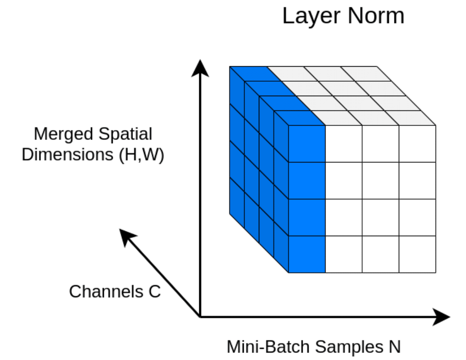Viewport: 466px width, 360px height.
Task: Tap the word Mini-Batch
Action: click(x=268, y=347)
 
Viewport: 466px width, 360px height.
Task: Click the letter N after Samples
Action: click(x=394, y=347)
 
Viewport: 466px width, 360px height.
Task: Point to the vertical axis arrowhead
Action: click(x=201, y=68)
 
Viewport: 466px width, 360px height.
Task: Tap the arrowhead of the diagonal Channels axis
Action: click(x=126, y=235)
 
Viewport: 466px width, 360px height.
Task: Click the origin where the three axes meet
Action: click(x=201, y=317)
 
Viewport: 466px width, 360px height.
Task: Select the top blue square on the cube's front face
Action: click(x=307, y=144)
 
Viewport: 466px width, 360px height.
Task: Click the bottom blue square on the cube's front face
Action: click(x=307, y=254)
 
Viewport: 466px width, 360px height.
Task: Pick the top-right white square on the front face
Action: click(x=417, y=144)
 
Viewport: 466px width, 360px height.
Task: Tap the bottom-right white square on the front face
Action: click(x=417, y=254)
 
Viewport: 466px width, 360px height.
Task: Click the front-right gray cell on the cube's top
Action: click(x=410, y=118)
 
